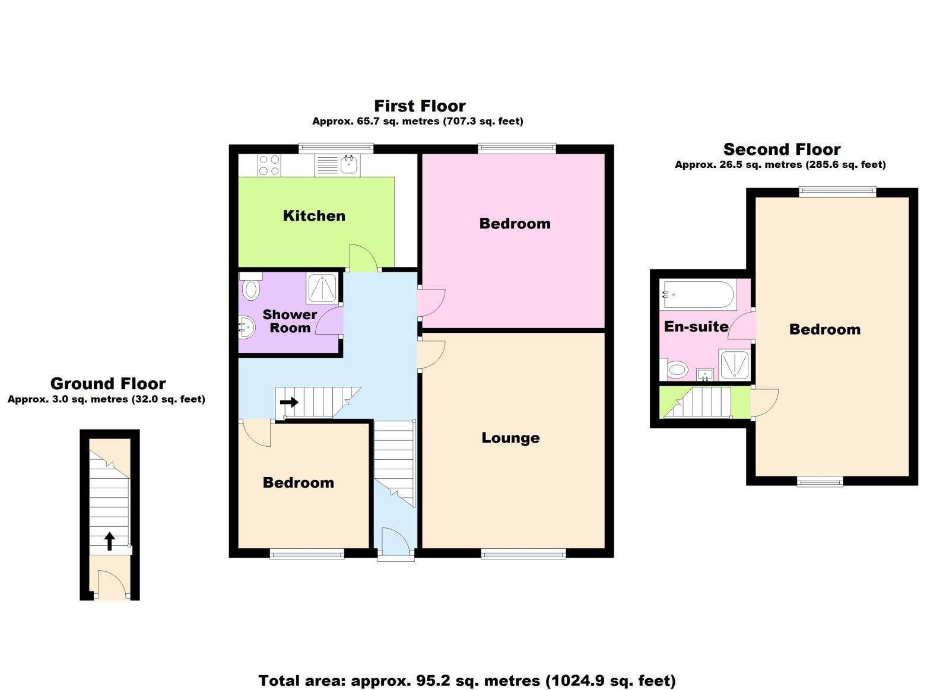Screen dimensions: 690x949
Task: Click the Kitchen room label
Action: (314, 216)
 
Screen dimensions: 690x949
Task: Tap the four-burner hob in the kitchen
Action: (269, 165)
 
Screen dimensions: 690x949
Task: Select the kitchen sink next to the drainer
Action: (349, 164)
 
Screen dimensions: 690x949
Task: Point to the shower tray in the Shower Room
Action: (322, 288)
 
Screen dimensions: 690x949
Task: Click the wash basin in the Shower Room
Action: (246, 326)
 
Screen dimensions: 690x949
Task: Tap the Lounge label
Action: (510, 438)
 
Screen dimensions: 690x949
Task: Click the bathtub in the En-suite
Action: (698, 294)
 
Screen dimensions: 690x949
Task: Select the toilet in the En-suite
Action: (676, 370)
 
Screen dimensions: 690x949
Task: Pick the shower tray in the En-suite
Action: (735, 364)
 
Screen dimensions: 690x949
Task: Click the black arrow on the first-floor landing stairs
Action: (289, 402)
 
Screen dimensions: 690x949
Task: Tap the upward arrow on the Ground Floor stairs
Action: (110, 540)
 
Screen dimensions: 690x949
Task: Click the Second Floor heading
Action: (782, 150)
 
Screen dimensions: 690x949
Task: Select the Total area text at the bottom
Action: (467, 681)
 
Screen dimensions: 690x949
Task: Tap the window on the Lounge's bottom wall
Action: (523, 554)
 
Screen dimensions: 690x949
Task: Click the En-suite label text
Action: (696, 326)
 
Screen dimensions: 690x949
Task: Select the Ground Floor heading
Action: (108, 384)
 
